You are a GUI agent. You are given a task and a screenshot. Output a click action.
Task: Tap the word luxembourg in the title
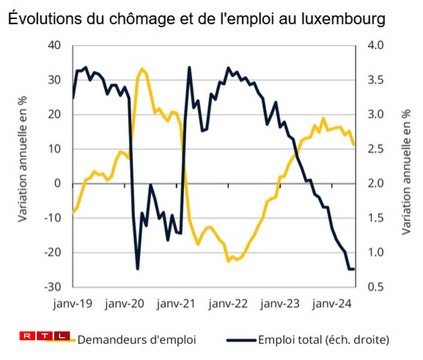(343, 19)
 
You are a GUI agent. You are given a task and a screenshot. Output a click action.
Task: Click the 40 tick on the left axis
(55, 45)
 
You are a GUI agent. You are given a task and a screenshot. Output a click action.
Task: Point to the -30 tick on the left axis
(53, 287)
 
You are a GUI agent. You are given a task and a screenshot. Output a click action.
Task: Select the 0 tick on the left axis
(57, 183)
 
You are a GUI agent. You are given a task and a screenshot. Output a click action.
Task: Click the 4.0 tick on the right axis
(376, 45)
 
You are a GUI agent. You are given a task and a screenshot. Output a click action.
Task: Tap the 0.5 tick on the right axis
(376, 287)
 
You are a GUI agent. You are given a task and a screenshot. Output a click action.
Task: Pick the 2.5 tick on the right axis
(376, 149)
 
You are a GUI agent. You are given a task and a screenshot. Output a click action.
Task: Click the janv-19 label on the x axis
(73, 303)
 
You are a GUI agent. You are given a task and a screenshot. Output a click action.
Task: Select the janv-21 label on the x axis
(176, 303)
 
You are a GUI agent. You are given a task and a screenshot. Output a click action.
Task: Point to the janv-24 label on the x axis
(332, 303)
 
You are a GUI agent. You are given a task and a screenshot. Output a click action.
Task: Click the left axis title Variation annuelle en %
(23, 159)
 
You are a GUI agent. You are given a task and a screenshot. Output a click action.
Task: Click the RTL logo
(45, 336)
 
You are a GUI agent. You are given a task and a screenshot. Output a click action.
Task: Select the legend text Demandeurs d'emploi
(137, 340)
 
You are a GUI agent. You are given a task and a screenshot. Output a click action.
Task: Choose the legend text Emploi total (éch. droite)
(324, 340)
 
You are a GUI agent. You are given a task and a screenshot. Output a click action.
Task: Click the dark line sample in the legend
(241, 340)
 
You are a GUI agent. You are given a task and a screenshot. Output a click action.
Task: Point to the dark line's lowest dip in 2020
(138, 269)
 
